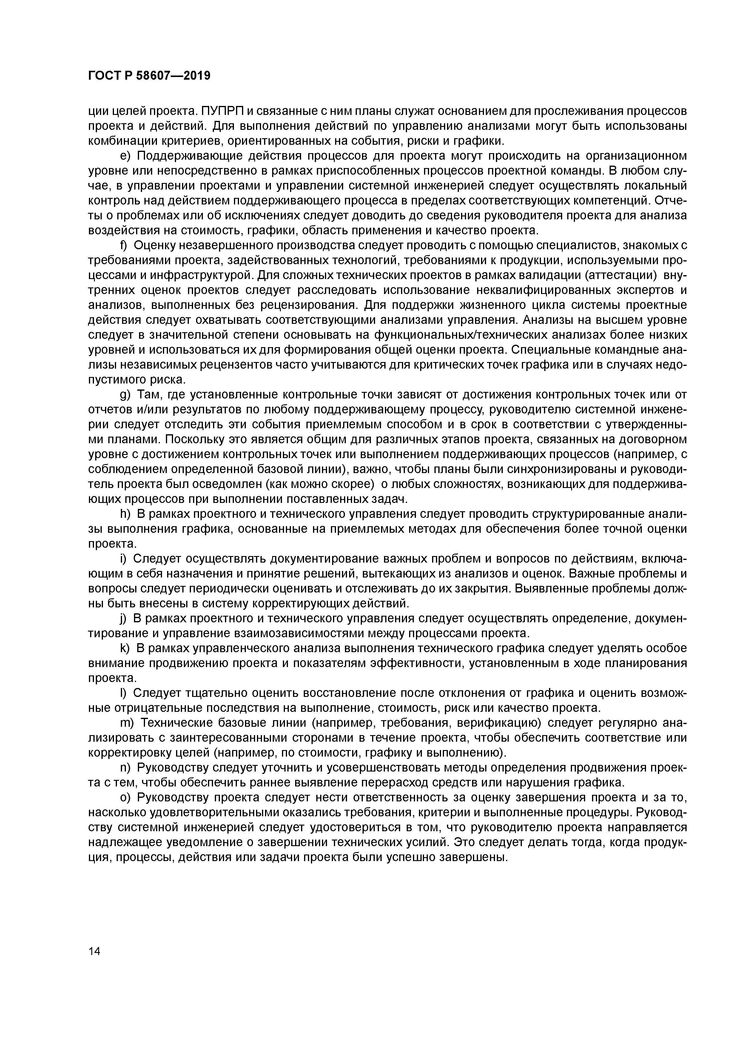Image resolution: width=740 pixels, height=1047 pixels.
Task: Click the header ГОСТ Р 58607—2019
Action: coord(149,76)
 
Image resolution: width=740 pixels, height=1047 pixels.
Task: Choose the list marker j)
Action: coord(124,618)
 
